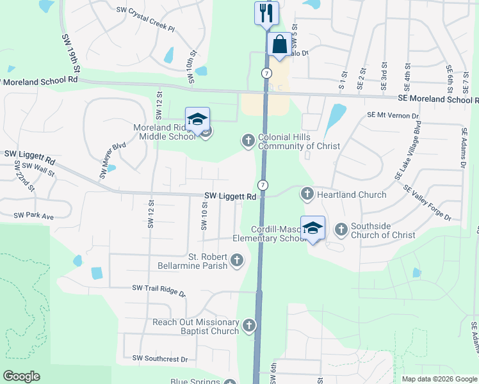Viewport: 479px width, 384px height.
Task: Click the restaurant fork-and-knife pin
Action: coord(266,13)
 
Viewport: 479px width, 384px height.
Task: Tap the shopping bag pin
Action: coord(279,45)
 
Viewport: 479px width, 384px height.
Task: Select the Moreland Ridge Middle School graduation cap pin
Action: coord(197,119)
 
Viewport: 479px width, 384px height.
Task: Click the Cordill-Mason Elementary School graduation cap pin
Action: coord(313,228)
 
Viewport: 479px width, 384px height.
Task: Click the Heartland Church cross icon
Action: coord(307,194)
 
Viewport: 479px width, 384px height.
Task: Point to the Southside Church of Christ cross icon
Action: coord(341,228)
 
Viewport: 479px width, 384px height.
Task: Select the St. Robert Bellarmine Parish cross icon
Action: coord(237,260)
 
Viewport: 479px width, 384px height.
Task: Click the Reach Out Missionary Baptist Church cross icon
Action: coord(248,326)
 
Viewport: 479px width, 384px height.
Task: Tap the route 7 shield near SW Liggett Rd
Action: coord(263,184)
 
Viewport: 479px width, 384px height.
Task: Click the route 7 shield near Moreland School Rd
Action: coord(265,72)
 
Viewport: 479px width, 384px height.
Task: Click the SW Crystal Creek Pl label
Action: coord(145,20)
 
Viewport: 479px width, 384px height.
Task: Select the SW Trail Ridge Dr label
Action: coord(158,292)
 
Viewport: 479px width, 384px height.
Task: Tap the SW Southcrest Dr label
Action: coord(160,360)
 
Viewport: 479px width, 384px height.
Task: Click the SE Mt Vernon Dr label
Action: coord(393,115)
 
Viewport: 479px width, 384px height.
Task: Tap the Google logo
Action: coord(21,376)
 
